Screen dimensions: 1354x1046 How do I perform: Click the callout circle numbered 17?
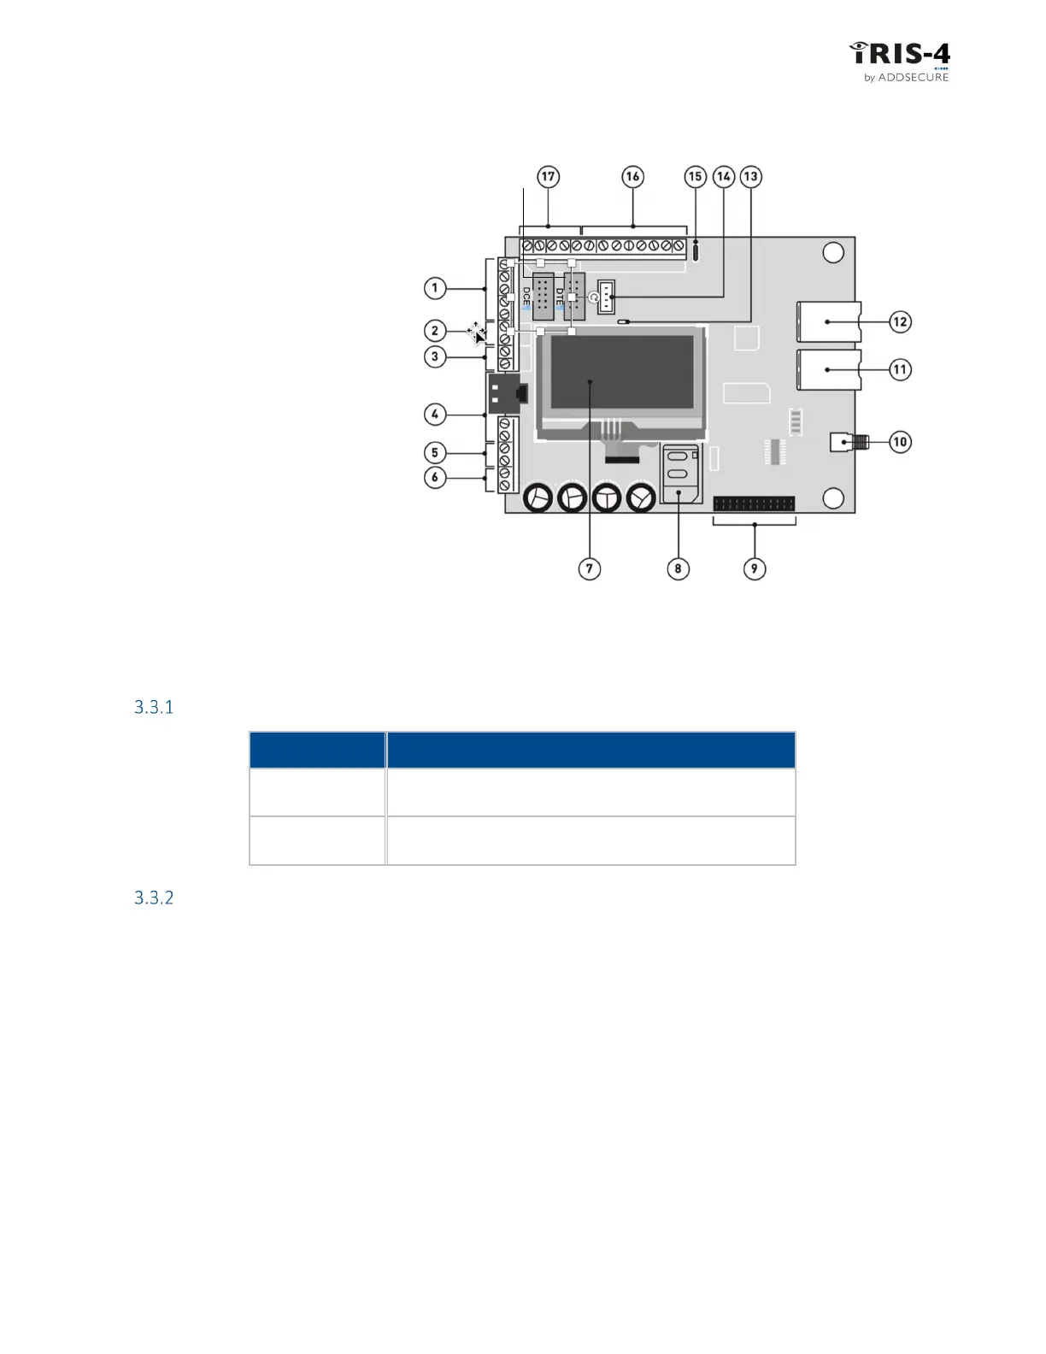coord(548,177)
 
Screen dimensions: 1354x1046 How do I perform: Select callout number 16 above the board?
coord(632,177)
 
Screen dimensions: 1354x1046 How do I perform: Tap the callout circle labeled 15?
coord(696,177)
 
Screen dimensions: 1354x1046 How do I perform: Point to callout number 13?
coord(750,177)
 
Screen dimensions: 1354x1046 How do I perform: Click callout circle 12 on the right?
coord(900,322)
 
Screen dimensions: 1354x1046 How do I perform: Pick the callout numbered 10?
coord(900,442)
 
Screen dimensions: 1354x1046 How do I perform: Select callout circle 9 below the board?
coord(754,568)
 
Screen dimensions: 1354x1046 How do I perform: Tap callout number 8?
coord(678,568)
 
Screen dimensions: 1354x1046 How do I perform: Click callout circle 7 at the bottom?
coord(590,568)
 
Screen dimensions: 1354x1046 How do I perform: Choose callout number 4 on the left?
coord(435,415)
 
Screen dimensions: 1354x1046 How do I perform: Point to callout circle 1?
coord(435,288)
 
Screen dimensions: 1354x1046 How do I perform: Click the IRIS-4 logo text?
coord(900,54)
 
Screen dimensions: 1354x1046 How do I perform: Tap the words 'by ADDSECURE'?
coord(906,77)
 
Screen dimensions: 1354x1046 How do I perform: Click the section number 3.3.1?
coord(154,707)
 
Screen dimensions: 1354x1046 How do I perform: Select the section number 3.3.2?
coord(154,898)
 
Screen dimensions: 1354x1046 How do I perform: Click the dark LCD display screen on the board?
coord(622,372)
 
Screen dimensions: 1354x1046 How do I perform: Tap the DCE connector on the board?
coord(541,297)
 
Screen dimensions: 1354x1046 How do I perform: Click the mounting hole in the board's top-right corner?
coord(833,252)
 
